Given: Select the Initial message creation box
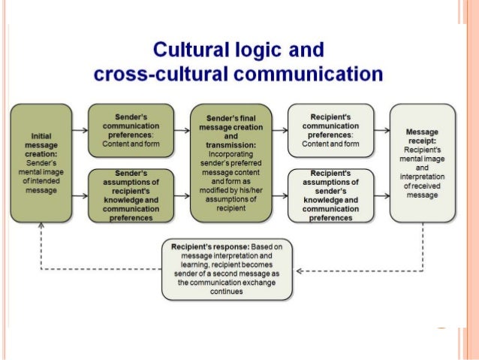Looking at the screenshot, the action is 41,162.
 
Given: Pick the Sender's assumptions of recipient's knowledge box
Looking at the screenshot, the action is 131,195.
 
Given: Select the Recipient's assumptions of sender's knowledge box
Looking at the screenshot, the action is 331,195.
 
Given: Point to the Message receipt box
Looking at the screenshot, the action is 422,162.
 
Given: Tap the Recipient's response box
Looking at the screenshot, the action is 227,270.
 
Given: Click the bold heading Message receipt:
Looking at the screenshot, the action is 422,135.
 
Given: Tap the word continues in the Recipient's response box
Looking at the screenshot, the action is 227,292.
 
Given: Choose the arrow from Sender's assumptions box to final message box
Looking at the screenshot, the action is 182,195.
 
